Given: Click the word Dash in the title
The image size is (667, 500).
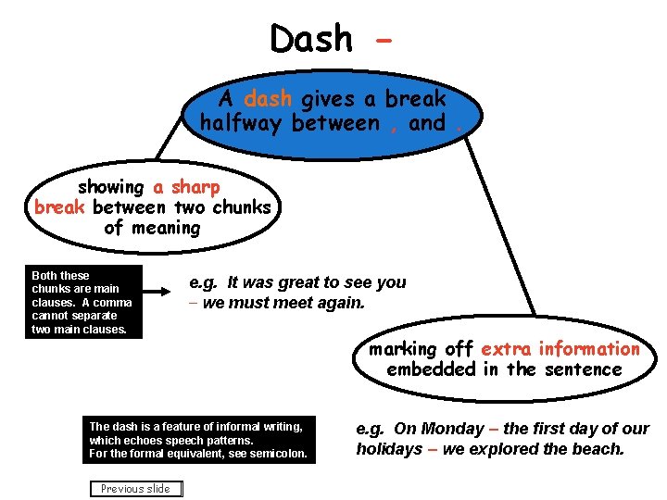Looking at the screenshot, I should point(311,39).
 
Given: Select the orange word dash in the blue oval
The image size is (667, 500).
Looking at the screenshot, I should point(268,99).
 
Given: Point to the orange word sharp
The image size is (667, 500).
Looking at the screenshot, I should point(195,187).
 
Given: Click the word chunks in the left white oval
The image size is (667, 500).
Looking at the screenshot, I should point(244,207).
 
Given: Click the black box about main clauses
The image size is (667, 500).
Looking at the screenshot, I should point(85,302).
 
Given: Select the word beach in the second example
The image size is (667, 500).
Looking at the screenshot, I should point(598,449).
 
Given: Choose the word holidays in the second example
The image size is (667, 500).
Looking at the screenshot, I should point(389,449).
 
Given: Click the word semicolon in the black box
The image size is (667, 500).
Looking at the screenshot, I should point(277,455).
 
